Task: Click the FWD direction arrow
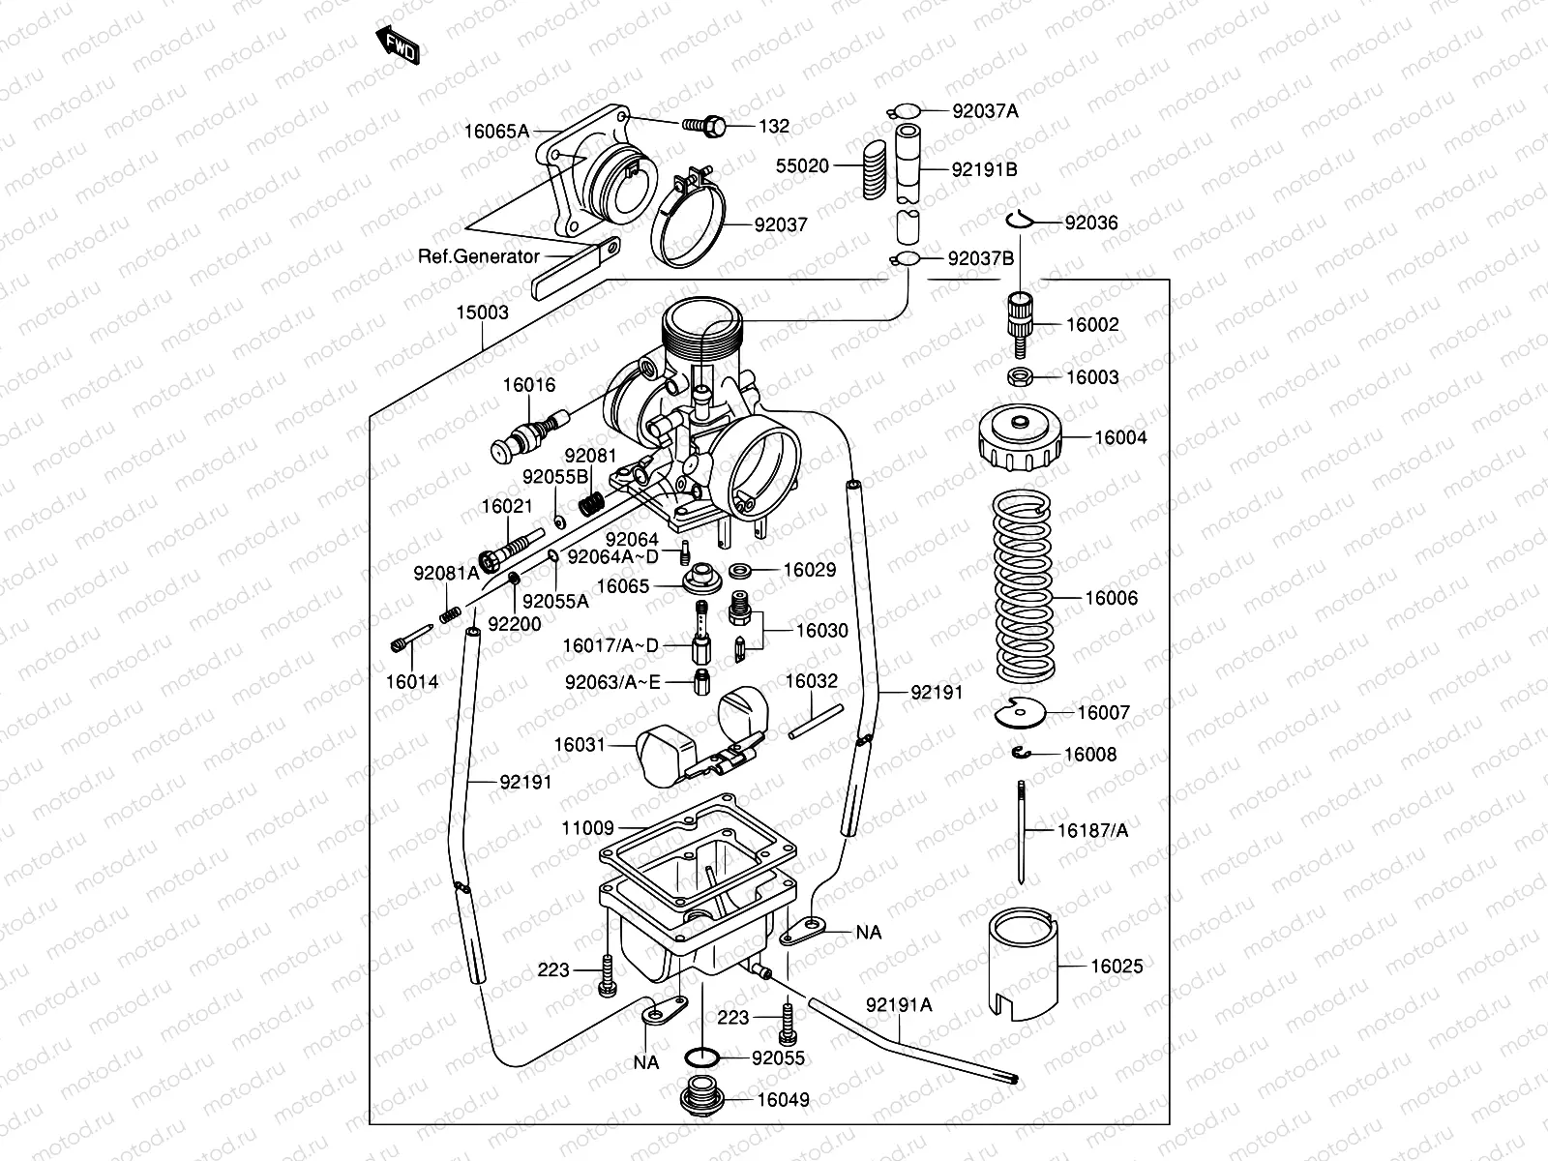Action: [x=398, y=45]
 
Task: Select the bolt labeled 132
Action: [x=704, y=126]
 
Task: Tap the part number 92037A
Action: [x=985, y=111]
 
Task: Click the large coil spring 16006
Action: [x=1024, y=586]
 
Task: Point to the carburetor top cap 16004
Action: [x=1020, y=437]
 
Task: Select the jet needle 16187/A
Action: [x=1021, y=832]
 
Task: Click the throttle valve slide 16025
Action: [x=1024, y=964]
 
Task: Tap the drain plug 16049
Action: [x=701, y=1095]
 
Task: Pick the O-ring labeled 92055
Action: [x=702, y=1057]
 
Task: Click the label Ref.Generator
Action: [x=479, y=256]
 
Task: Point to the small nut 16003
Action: [x=1020, y=376]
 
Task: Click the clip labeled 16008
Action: [x=1021, y=754]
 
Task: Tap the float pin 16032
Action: [x=816, y=722]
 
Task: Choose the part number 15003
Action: [x=483, y=312]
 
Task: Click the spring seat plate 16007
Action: [x=1020, y=713]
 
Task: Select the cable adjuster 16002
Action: [x=1020, y=324]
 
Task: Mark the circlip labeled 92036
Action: [x=1020, y=221]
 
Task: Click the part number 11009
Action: [x=587, y=827]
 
